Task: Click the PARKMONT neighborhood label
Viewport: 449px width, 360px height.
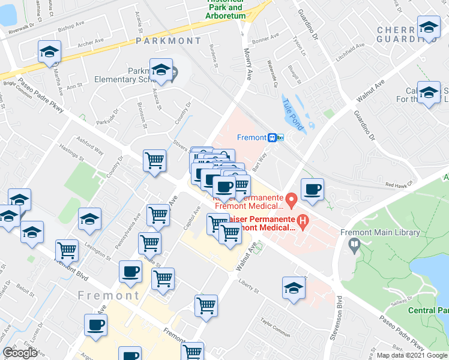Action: (168, 41)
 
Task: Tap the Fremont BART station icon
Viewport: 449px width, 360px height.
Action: (276, 137)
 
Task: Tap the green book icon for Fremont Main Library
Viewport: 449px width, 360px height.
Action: (355, 244)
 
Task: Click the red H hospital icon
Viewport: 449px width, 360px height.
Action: (303, 224)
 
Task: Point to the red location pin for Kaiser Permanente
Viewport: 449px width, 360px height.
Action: (291, 199)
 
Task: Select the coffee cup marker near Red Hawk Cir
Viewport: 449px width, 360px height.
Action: (312, 190)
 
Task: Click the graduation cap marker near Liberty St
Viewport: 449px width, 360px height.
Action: (293, 288)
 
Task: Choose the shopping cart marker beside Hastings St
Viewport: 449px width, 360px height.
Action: (154, 161)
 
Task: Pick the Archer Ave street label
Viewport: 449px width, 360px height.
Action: (91, 43)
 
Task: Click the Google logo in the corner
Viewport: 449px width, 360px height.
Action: (20, 353)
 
